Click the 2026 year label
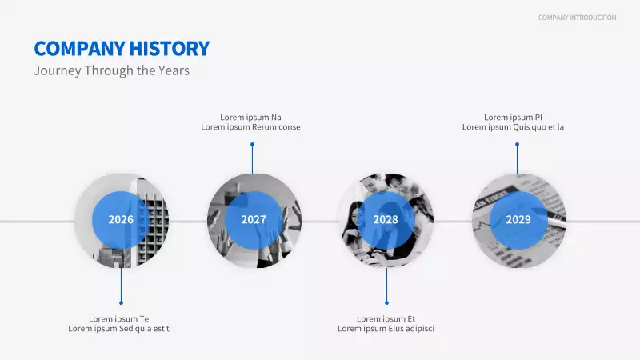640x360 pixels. tap(121, 220)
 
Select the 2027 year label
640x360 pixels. tap(254, 220)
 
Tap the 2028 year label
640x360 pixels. tap(386, 220)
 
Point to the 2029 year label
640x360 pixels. tap(518, 220)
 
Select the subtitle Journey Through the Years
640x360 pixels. tap(111, 70)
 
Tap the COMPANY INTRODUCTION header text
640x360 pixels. tap(577, 18)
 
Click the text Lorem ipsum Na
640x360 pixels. tap(250, 117)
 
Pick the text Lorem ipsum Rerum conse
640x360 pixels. tap(250, 127)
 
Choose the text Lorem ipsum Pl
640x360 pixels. tap(513, 117)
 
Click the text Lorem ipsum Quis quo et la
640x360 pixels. tap(513, 127)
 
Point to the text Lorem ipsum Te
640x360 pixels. tap(118, 318)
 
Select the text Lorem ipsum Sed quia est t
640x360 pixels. tap(118, 329)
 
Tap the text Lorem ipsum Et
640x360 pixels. tap(386, 318)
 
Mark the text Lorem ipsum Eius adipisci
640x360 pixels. tap(386, 329)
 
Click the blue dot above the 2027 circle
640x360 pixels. tap(252, 145)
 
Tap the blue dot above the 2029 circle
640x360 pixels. tap(517, 145)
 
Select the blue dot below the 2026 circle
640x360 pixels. tap(121, 302)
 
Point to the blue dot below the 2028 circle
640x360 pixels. tap(386, 302)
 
